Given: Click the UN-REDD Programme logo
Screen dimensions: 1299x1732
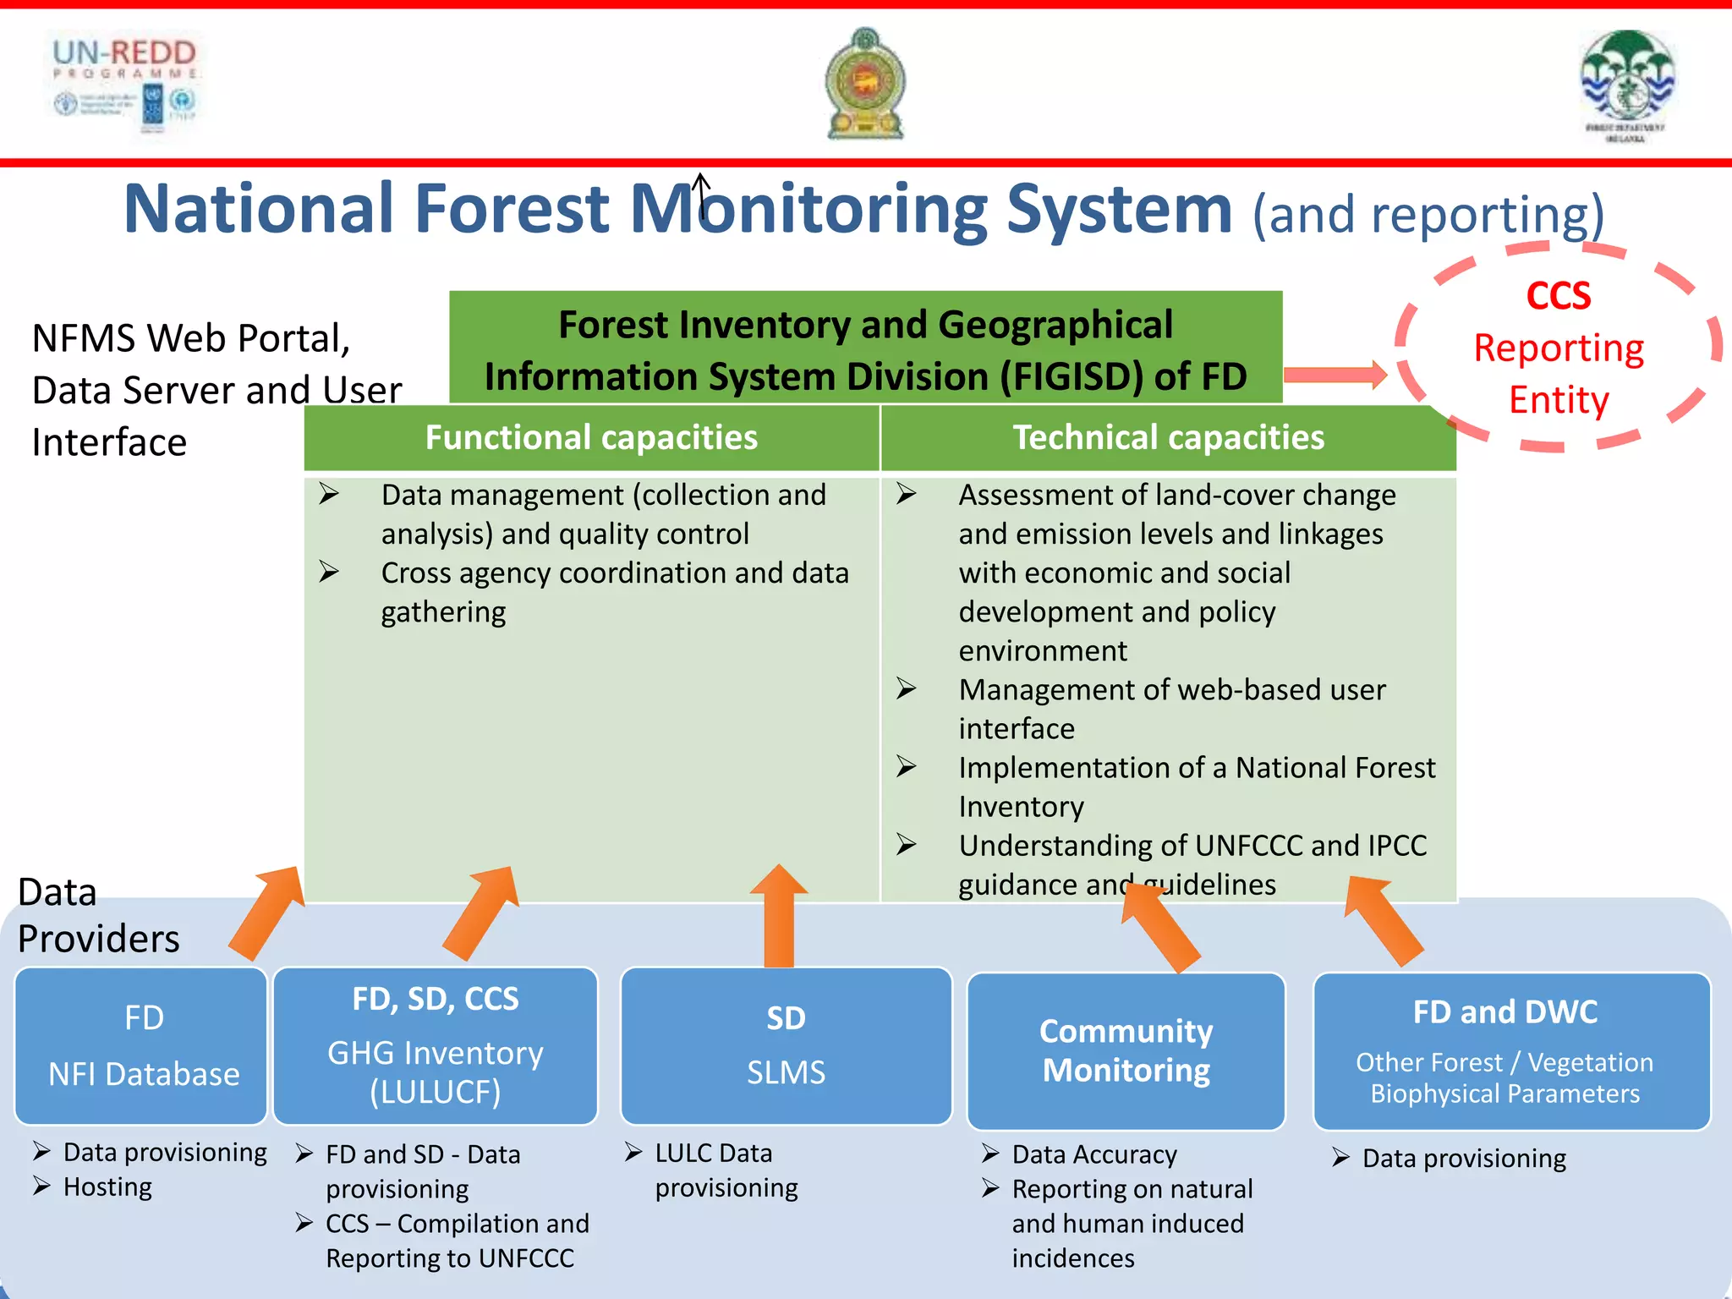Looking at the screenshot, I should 125,83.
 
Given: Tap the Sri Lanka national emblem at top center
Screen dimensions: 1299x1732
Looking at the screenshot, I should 865,84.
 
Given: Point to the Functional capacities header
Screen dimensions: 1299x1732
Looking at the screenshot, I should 591,437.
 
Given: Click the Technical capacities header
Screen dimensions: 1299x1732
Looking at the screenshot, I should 1168,437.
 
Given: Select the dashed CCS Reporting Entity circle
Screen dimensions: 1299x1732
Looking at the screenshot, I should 1559,348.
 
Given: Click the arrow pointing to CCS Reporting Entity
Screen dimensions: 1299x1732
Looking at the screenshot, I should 1335,375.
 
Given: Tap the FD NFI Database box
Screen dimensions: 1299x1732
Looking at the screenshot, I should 142,1045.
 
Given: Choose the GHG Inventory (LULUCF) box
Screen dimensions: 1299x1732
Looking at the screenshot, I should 436,1045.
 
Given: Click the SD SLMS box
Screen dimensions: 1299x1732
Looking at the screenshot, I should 786,1045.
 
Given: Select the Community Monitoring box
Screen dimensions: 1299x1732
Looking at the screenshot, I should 1126,1050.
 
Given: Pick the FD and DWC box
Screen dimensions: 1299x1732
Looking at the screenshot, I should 1510,1050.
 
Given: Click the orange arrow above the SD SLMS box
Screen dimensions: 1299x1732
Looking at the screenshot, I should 779,917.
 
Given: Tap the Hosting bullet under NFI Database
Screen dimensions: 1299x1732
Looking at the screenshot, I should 107,1187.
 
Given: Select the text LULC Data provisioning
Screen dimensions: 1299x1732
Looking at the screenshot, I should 726,1170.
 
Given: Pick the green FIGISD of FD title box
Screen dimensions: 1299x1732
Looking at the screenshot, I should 865,348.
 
